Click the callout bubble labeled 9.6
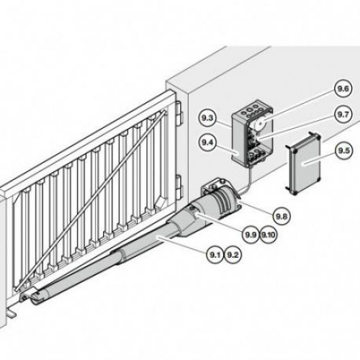tap(343, 89)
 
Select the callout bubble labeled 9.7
tap(343, 114)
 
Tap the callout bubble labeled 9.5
tap(344, 150)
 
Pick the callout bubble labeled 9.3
tap(207, 118)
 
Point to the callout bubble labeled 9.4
tap(207, 143)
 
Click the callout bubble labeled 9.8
tap(282, 217)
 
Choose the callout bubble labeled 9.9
tap(251, 235)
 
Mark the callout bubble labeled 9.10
tap(268, 235)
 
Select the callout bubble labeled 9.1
tap(215, 255)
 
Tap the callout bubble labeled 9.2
tap(233, 255)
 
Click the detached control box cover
tap(303, 163)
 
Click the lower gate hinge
tap(179, 186)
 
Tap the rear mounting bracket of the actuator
tap(211, 186)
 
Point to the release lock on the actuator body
tap(193, 210)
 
